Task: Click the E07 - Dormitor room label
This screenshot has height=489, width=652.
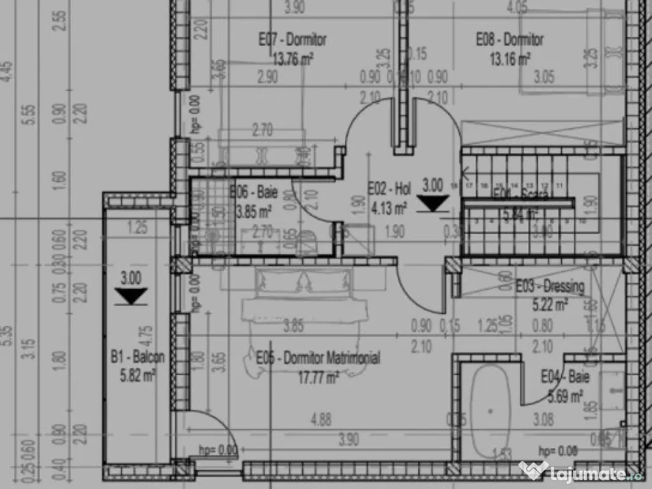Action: pyautogui.click(x=292, y=39)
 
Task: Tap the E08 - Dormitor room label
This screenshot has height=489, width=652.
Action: pyautogui.click(x=509, y=39)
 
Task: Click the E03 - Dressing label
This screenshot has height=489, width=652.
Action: pyautogui.click(x=549, y=287)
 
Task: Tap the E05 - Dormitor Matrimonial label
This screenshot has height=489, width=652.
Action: pyautogui.click(x=318, y=358)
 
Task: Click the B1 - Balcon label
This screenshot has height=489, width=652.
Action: pyautogui.click(x=137, y=357)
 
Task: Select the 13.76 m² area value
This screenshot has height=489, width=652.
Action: pyautogui.click(x=292, y=59)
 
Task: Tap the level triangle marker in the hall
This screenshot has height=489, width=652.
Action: pyautogui.click(x=433, y=203)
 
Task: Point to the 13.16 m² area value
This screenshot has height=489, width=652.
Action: pyautogui.click(x=509, y=60)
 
